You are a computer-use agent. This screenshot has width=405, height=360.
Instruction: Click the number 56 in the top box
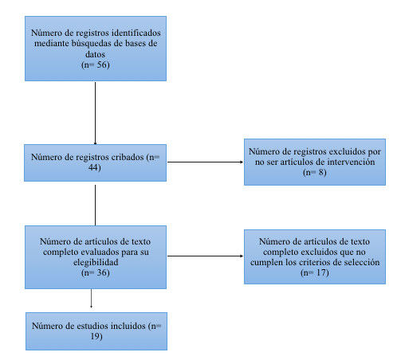tap(101, 65)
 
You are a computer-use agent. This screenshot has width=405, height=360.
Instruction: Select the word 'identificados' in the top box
tap(136, 33)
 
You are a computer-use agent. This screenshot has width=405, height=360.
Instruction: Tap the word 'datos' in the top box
tap(95, 54)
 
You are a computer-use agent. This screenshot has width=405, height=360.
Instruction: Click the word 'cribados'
tap(128, 157)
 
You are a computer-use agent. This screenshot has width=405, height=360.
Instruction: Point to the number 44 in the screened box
tap(93, 167)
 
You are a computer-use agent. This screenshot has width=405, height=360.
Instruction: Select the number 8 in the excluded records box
tap(320, 172)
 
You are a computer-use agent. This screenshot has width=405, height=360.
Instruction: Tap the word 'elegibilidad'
tap(96, 262)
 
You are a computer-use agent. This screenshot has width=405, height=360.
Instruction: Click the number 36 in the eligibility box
tap(101, 272)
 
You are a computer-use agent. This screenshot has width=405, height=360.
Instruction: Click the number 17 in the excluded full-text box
tap(320, 272)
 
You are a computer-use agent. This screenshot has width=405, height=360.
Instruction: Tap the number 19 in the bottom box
tap(95, 336)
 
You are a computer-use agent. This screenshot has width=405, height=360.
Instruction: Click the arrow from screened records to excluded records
tap(205, 162)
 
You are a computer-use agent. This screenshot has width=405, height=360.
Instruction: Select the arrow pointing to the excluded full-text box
tap(205, 256)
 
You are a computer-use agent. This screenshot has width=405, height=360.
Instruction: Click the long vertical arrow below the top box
tap(95, 113)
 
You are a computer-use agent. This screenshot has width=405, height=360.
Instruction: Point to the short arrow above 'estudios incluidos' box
tap(91, 299)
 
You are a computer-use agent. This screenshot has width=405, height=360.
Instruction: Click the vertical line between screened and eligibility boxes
tap(95, 205)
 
